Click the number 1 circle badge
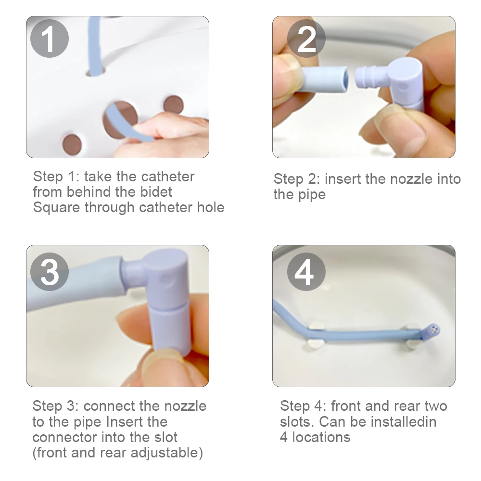click(50, 38)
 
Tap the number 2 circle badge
click(306, 38)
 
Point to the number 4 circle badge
click(306, 273)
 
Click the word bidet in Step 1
click(155, 192)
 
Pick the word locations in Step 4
click(322, 437)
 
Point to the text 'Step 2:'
click(297, 179)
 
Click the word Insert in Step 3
click(137, 422)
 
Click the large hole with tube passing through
click(120, 119)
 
